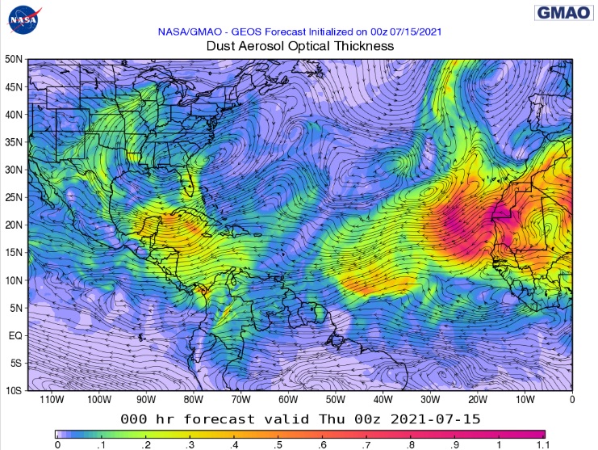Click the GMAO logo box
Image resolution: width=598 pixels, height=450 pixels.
click(562, 12)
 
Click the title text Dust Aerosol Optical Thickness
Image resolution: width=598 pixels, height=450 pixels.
click(300, 46)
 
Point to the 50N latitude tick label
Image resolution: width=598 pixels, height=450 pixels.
click(12, 59)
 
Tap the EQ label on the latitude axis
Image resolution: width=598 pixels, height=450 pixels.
click(15, 334)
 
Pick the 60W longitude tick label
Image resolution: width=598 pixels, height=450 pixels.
click(288, 399)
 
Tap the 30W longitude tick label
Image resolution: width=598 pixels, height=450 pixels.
click(429, 399)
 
